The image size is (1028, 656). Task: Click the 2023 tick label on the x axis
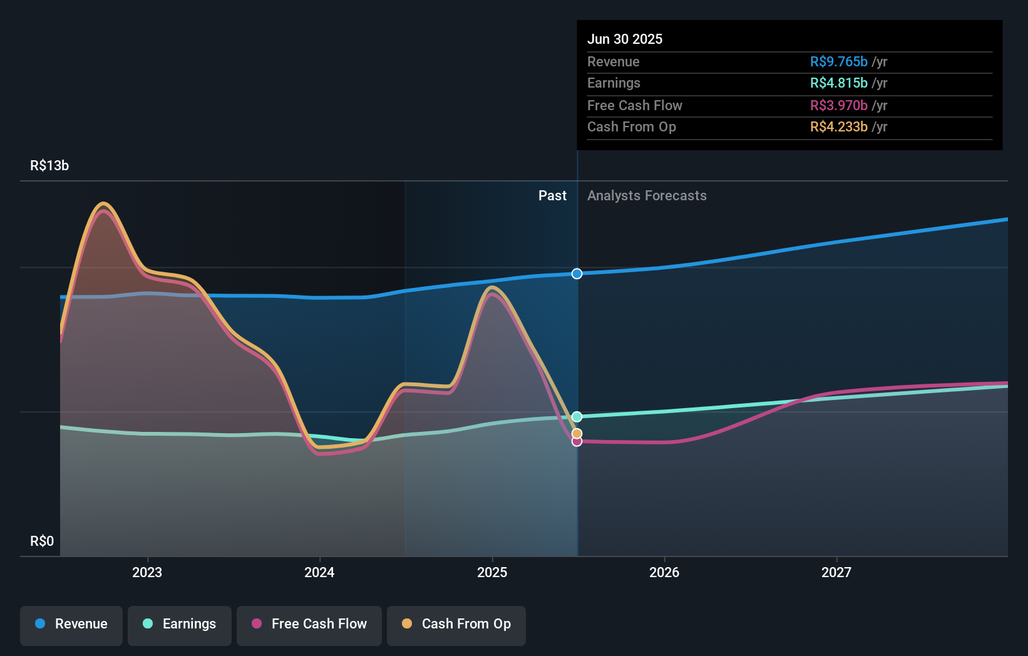147,572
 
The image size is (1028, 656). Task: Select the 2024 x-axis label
319,572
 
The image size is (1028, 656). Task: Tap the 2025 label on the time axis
492,572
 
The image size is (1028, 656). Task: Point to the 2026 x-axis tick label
664,572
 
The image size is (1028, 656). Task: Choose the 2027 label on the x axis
836,572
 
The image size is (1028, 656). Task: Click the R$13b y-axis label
49,165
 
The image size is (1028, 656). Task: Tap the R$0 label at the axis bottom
42,541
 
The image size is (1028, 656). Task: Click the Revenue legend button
71,624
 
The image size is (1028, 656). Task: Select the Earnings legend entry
180,624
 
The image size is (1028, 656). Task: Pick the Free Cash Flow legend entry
309,624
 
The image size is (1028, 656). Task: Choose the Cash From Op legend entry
456,624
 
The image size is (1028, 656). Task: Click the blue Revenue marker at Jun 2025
577,274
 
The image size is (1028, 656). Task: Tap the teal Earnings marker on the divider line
577,417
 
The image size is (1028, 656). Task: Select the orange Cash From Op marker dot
577,434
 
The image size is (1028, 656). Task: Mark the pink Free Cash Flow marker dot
577,442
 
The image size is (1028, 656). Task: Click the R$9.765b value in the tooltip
838,61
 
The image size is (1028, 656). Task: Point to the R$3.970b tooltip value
838,105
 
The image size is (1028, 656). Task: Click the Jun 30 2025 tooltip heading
624,39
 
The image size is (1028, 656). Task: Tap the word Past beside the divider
552,196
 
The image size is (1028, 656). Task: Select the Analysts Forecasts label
647,196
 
